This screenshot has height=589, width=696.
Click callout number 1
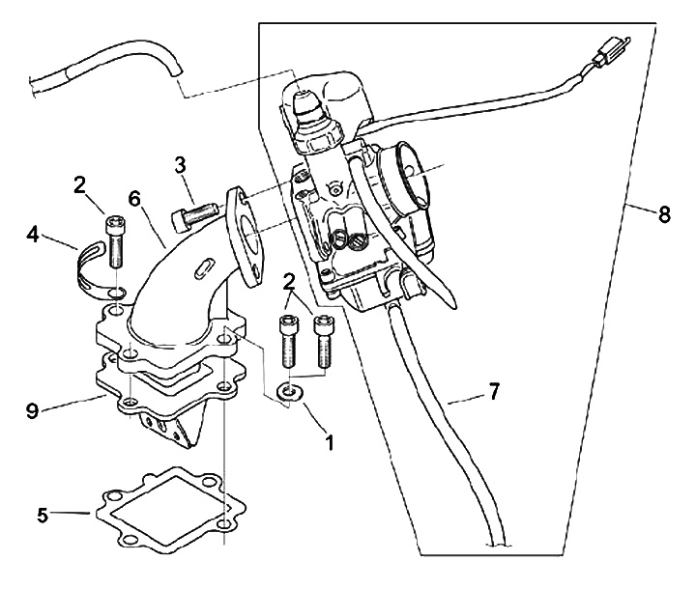[330, 444]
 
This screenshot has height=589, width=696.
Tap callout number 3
[179, 163]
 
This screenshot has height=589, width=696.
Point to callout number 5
[42, 515]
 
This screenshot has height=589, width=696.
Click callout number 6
[134, 198]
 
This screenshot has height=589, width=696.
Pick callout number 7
[493, 391]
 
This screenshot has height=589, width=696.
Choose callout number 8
[663, 216]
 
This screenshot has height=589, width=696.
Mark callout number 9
[34, 410]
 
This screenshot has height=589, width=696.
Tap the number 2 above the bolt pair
[288, 281]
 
